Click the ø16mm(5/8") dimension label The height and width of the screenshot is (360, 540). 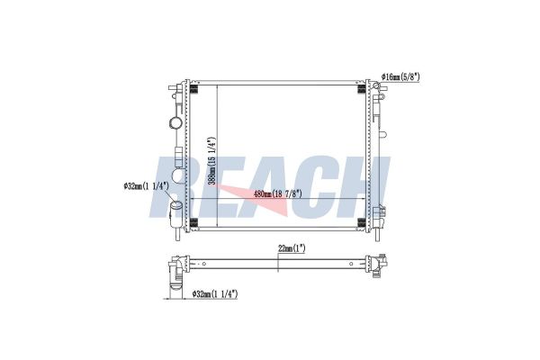[400, 76]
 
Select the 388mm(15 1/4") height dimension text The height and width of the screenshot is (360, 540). [212, 161]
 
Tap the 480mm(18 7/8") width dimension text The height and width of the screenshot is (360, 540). [277, 193]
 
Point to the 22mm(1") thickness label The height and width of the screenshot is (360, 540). [292, 248]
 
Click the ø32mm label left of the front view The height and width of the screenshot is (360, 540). [147, 186]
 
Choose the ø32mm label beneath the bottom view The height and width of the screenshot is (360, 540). [215, 294]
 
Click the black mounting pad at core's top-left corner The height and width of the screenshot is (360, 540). [193, 88]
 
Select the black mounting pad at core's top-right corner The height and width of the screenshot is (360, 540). [362, 88]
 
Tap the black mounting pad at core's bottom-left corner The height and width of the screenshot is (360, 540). [193, 222]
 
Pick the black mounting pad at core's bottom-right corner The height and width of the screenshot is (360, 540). [362, 222]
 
